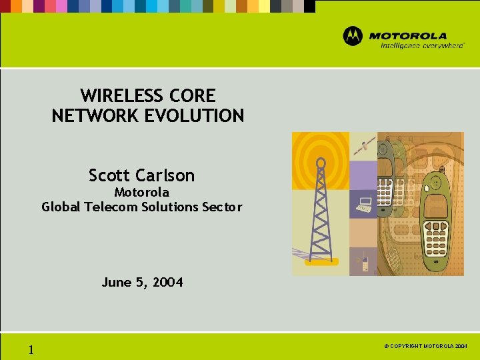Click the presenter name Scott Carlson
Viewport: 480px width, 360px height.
[x=141, y=175]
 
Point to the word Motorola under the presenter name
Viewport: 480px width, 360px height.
[x=141, y=192]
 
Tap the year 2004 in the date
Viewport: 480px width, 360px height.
[x=167, y=283]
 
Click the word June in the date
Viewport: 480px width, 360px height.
[x=115, y=283]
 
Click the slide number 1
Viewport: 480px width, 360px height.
[x=31, y=350]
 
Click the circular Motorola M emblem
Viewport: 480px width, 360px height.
[x=353, y=36]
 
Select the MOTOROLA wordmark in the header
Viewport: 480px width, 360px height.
[x=408, y=35]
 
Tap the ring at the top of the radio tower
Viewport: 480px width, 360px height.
[x=321, y=162]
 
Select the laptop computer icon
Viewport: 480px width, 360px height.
[x=363, y=205]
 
